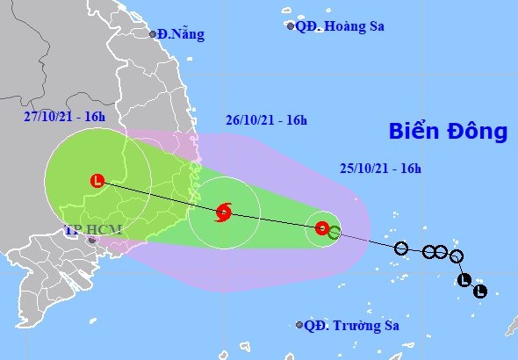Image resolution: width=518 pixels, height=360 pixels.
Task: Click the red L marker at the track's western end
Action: coord(97,182)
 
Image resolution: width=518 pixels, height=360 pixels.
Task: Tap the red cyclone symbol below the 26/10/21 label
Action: coord(223,211)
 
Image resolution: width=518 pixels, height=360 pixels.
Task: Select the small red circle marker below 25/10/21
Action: coord(321,229)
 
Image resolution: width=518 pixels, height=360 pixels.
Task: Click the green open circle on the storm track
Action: coord(334,233)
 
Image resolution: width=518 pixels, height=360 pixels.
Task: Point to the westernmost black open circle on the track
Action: coord(401,248)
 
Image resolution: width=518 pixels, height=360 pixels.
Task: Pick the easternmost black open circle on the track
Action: coord(456,256)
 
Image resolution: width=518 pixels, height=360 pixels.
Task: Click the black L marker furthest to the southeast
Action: coord(479,291)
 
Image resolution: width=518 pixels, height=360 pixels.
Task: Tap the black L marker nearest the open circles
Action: coord(464,281)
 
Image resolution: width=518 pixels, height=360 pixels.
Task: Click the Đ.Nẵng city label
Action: coord(181,35)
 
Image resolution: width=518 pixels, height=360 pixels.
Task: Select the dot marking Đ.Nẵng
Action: coord(152,34)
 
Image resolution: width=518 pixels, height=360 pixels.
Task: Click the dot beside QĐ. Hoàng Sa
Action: coord(291,26)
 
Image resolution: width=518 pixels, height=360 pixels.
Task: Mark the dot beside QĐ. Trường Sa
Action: coord(299,325)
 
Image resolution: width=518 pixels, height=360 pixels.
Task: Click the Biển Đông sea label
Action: coord(449,132)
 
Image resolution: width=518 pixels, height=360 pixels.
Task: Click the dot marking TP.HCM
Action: coord(90,239)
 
